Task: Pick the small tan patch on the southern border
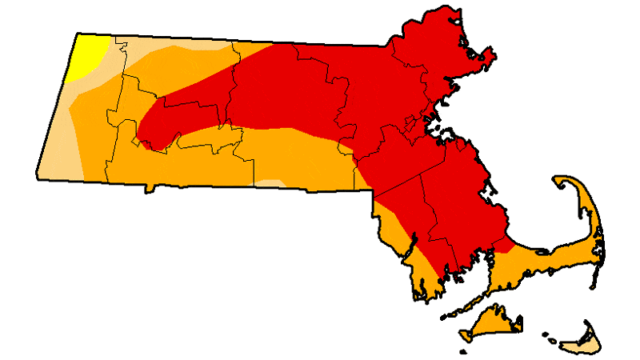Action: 273,183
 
